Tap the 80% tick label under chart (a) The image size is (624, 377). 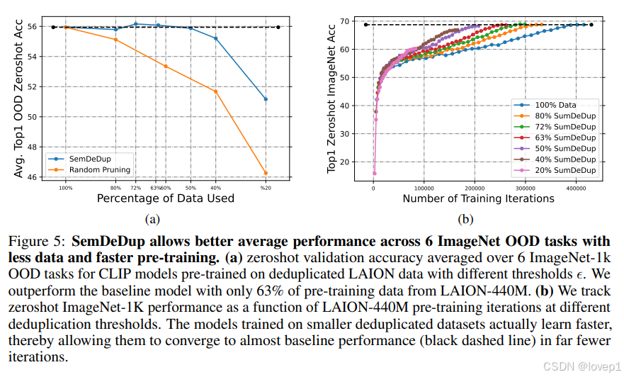click(x=116, y=188)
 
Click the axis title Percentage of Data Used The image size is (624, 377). click(x=165, y=198)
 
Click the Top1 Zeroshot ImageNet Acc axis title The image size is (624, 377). click(x=331, y=96)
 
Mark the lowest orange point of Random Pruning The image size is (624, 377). click(x=266, y=173)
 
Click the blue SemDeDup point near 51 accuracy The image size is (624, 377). click(x=266, y=99)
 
